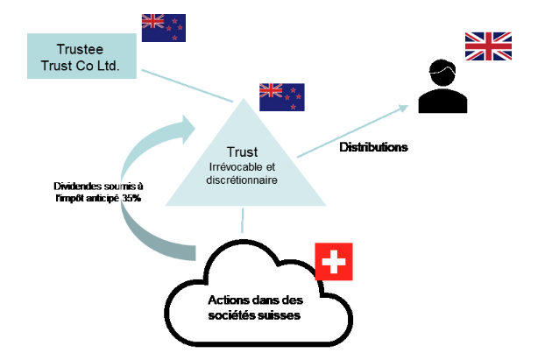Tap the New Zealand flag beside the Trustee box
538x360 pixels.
(164, 26)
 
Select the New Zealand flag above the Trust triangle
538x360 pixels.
(281, 96)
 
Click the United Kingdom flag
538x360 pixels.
(488, 46)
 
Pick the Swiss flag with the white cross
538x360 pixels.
(333, 261)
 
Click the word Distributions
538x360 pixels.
(373, 147)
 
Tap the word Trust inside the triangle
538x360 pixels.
(242, 152)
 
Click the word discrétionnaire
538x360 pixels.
(242, 180)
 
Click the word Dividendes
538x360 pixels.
(77, 187)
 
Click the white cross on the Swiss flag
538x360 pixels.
(333, 261)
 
